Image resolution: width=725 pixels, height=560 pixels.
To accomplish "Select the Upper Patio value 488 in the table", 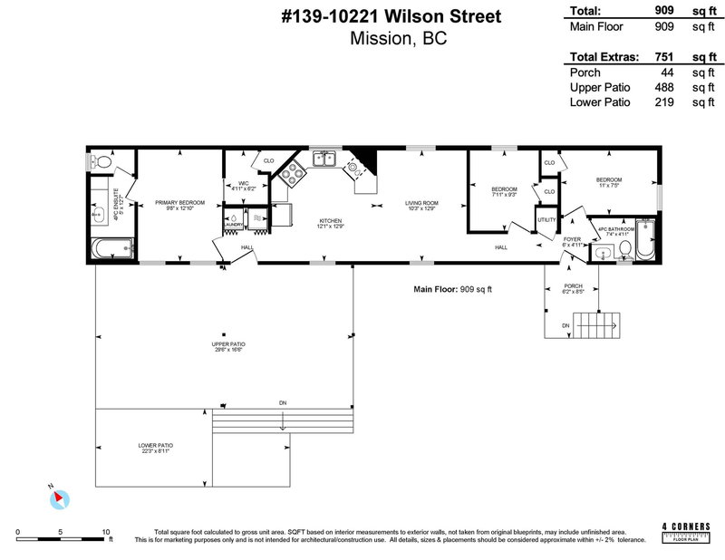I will (666, 87).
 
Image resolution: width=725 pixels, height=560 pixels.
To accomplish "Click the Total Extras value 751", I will (666, 56).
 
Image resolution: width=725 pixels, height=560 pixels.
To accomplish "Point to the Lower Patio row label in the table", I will (599, 102).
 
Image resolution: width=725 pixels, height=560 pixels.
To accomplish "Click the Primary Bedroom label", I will (179, 202).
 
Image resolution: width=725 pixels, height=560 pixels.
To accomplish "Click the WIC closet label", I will (243, 184).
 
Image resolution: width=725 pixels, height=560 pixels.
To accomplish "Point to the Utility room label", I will (546, 219).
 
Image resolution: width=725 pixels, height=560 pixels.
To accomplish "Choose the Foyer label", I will (571, 239).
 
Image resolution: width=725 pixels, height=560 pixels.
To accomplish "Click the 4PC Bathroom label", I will (616, 229).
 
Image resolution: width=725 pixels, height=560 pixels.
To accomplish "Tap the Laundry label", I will (232, 225).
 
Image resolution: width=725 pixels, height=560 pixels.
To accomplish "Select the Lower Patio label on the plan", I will (155, 446).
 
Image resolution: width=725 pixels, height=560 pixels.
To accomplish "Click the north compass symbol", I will (59, 497).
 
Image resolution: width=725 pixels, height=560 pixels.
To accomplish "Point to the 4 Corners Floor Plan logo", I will (686, 531).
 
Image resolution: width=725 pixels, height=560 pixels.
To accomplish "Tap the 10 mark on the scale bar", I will (106, 532).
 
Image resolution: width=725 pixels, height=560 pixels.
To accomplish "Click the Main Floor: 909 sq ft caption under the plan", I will (450, 289).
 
